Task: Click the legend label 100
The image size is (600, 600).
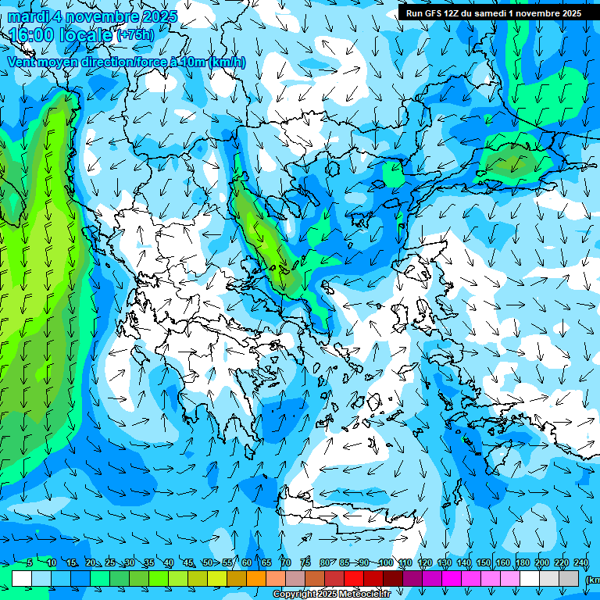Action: click(385, 562)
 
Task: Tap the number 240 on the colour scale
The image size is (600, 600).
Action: click(581, 562)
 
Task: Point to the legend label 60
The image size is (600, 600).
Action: click(247, 562)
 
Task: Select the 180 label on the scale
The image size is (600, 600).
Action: click(523, 562)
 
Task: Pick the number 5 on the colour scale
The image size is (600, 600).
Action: click(30, 562)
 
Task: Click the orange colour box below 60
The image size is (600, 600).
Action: click(256, 578)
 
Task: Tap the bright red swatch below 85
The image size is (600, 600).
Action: click(354, 578)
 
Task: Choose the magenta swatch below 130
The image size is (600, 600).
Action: click(452, 578)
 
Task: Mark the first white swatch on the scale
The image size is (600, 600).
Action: click(22, 578)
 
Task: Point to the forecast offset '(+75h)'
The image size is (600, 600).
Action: click(134, 35)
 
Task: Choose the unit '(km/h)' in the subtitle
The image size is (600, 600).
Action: click(228, 62)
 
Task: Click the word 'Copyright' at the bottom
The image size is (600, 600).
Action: click(294, 595)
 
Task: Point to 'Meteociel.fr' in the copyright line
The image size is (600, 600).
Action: click(364, 595)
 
